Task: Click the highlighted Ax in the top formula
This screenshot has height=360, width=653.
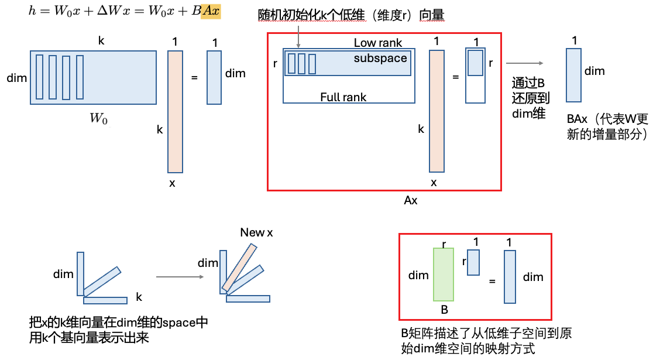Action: click(x=211, y=11)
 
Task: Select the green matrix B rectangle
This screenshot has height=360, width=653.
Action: click(x=444, y=274)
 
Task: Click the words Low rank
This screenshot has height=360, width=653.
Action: click(x=378, y=43)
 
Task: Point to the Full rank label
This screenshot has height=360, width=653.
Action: click(x=343, y=97)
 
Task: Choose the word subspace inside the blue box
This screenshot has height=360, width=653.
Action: click(x=380, y=59)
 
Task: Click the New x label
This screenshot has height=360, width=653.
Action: click(x=256, y=233)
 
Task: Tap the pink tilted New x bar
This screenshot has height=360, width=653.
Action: click(x=239, y=268)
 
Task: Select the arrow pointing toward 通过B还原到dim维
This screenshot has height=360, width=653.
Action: click(x=525, y=64)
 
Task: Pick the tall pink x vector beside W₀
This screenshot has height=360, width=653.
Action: click(x=176, y=111)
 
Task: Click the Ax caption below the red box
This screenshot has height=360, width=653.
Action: click(x=411, y=200)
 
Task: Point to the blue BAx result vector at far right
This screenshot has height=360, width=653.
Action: click(x=574, y=76)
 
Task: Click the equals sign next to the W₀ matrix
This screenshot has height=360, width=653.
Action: click(x=194, y=77)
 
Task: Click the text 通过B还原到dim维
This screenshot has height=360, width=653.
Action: click(x=530, y=98)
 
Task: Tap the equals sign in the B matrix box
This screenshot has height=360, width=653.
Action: click(x=492, y=282)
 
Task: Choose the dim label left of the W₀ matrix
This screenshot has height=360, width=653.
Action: click(x=16, y=77)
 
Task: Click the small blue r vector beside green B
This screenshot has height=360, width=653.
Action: click(x=474, y=262)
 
